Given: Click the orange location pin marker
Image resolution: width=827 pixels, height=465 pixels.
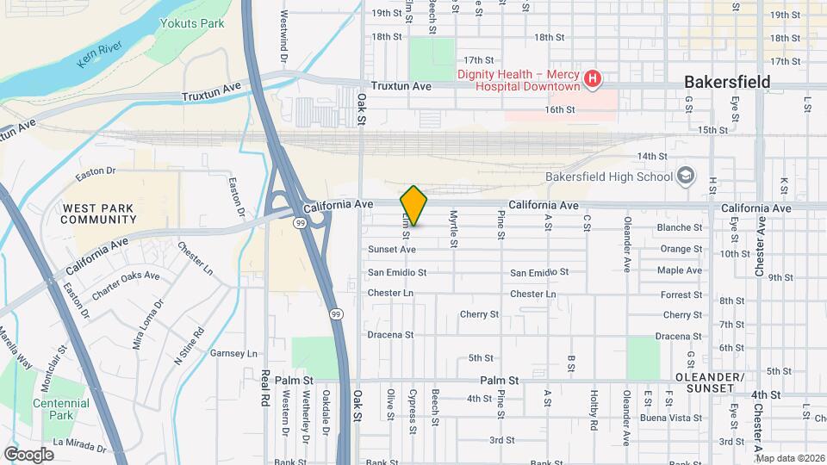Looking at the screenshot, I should (x=414, y=205).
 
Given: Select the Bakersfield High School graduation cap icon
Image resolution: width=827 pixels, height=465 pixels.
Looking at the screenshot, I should (x=686, y=177).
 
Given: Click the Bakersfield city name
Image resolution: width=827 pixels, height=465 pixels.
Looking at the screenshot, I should (x=726, y=83).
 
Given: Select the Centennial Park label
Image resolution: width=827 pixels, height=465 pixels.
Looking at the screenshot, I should (x=60, y=409).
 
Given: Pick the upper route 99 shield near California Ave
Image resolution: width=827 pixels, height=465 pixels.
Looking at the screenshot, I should (x=299, y=222).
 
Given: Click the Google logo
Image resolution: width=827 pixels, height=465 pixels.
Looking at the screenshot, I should (x=28, y=454).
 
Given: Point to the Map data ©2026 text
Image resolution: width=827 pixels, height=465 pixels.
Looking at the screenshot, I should (x=790, y=458).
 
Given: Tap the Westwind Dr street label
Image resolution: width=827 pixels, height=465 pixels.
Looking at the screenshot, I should (x=283, y=35).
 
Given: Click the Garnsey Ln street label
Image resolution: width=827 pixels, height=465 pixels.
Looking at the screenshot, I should (x=234, y=354).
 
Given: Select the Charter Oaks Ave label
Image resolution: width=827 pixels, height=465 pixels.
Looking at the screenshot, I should (x=126, y=284).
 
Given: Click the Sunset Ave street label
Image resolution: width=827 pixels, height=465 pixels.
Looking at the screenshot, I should (x=392, y=249).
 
